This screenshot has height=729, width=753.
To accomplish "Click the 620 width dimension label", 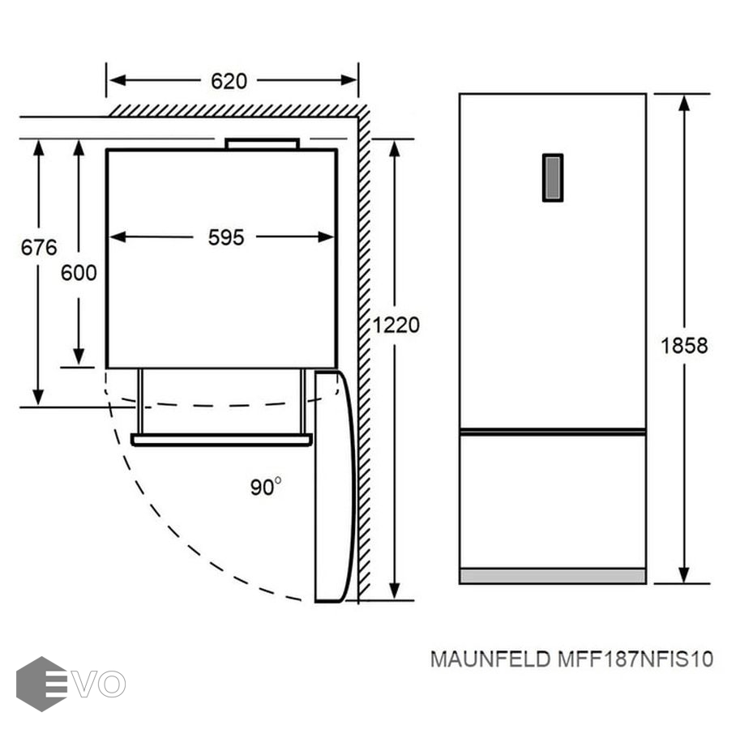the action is [229, 81].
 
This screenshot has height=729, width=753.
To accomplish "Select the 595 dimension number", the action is [225, 237].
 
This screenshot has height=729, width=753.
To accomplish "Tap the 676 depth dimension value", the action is [39, 248].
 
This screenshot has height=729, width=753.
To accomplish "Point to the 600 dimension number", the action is [79, 273].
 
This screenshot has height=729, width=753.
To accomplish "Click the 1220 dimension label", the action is [396, 326].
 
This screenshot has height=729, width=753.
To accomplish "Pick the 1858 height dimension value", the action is [684, 346].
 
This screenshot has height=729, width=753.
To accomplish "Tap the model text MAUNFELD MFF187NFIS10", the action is [571, 659].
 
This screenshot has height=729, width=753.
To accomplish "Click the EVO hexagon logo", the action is [41, 684].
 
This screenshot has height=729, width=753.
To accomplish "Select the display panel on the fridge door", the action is [553, 177].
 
